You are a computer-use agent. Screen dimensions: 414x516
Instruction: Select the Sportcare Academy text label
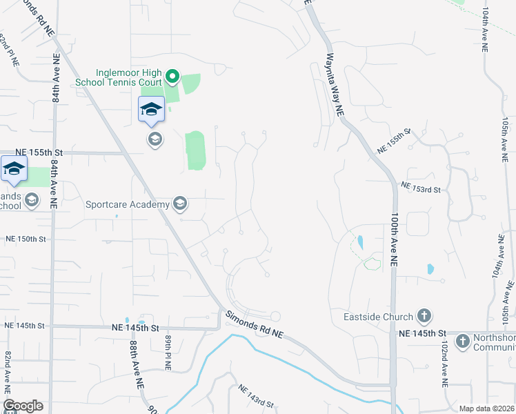(x=128, y=204)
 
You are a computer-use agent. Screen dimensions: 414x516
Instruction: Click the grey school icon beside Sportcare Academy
(x=179, y=203)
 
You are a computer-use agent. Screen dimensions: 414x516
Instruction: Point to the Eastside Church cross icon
(x=424, y=317)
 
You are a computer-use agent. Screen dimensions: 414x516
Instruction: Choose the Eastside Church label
(x=379, y=317)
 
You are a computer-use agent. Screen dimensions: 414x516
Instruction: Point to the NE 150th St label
(x=26, y=239)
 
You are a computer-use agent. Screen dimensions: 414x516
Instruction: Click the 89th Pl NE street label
(x=167, y=351)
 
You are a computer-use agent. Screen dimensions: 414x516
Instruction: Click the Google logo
(x=23, y=406)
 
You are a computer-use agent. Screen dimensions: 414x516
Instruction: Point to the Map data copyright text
(x=487, y=408)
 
